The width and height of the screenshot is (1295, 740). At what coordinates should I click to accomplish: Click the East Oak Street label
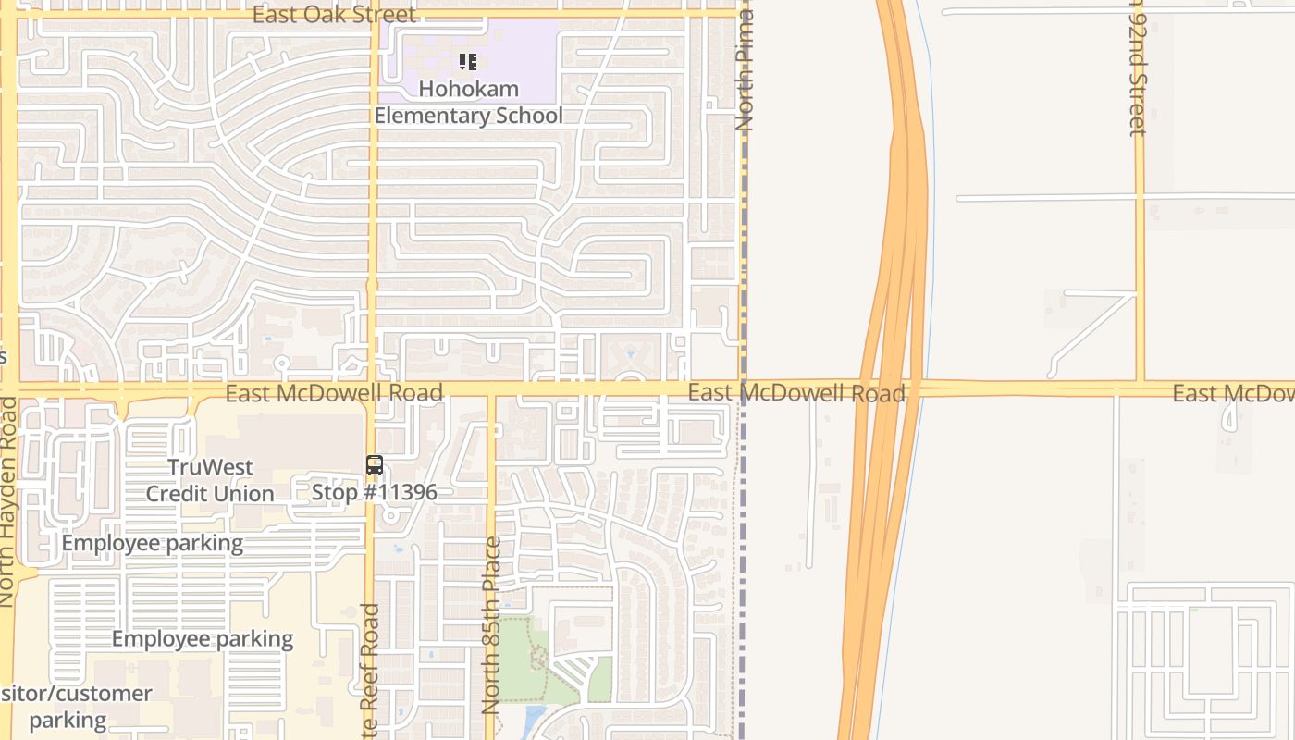coord(334,15)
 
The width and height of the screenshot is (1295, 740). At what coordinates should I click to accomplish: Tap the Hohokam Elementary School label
coord(468,103)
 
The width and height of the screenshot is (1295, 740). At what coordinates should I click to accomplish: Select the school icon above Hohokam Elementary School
coord(468,62)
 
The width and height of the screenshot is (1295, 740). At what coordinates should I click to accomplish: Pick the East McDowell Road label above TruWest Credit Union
coord(334,393)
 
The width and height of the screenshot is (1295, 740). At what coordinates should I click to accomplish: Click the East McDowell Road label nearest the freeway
coord(795,393)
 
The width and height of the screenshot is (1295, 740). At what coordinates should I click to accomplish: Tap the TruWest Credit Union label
coord(210,480)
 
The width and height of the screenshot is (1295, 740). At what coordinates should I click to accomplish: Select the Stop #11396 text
coord(374,492)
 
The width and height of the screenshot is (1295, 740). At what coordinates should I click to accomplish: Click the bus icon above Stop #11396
coord(375,465)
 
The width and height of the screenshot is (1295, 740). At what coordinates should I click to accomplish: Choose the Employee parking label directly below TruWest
coord(153,543)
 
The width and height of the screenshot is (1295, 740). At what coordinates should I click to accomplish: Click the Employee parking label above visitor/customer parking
coord(203,638)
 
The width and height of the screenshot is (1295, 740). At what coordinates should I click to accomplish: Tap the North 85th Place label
coord(491,625)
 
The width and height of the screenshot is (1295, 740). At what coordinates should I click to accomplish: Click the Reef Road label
coord(370,671)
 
